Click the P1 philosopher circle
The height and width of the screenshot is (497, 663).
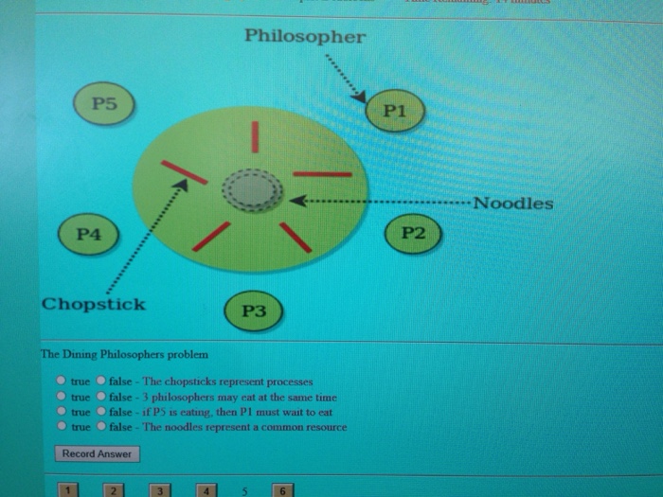pos(396,112)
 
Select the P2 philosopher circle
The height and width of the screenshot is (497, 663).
pos(414,233)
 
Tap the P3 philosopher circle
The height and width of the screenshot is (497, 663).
pos(253,310)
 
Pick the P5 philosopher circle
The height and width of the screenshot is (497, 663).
pos(104,105)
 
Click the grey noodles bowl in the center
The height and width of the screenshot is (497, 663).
pos(253,192)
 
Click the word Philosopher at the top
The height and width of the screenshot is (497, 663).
pos(303,37)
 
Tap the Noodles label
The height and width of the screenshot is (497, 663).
pos(512,204)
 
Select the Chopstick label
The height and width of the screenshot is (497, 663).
pos(93,304)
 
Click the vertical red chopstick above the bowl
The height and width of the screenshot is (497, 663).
pos(255,136)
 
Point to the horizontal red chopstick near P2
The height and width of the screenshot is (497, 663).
pos(322,174)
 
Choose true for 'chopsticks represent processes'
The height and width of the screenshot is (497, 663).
pos(62,382)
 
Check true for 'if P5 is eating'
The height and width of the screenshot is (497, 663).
pos(62,412)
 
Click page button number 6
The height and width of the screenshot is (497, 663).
pos(282,489)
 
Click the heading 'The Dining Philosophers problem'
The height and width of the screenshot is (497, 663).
pos(116,355)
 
